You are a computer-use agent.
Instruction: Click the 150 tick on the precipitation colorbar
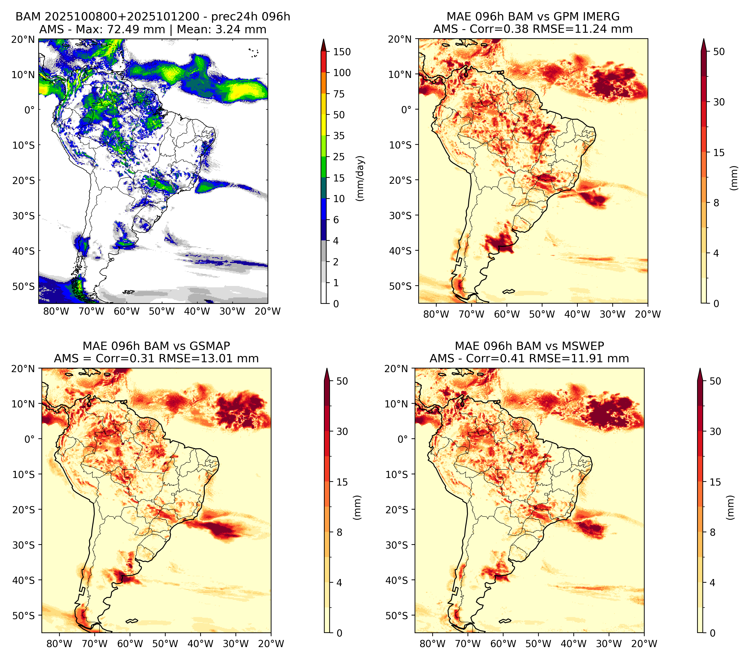342,52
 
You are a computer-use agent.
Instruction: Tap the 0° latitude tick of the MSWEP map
403,439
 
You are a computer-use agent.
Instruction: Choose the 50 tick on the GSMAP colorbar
342,381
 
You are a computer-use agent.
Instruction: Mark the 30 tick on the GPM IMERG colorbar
718,102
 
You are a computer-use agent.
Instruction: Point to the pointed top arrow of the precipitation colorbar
323,45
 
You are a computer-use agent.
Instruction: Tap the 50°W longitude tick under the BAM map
161,311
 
